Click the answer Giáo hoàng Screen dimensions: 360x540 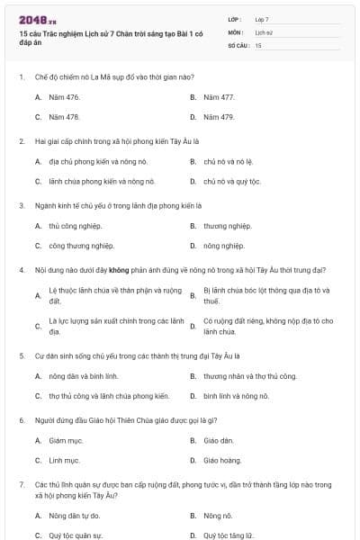[x=222, y=460]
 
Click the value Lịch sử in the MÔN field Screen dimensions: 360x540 [x=263, y=31]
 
